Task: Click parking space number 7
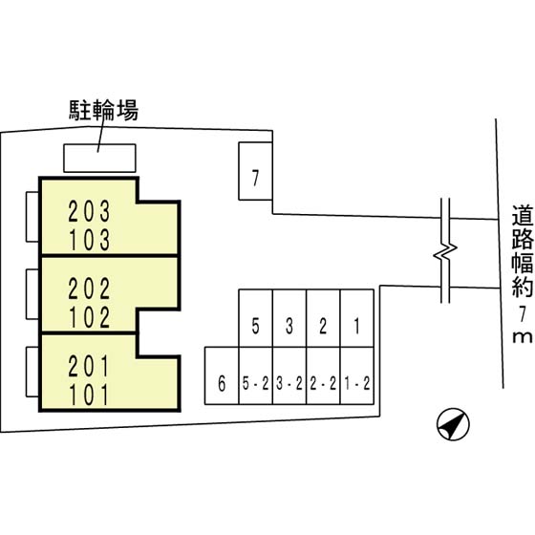(255, 171)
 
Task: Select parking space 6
(222, 375)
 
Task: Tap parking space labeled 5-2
(256, 375)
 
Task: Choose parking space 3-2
(289, 375)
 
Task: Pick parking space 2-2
(323, 375)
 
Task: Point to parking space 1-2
(357, 375)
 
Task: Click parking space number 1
(357, 318)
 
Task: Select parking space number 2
(323, 318)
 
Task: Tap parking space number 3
(289, 318)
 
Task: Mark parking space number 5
(256, 318)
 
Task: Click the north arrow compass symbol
(453, 424)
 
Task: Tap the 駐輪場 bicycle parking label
(104, 110)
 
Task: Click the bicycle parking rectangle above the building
(99, 158)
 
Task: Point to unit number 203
(89, 211)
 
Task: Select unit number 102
(90, 317)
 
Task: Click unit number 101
(89, 395)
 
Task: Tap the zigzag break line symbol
(445, 250)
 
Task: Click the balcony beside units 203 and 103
(32, 217)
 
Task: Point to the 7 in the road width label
(522, 314)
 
